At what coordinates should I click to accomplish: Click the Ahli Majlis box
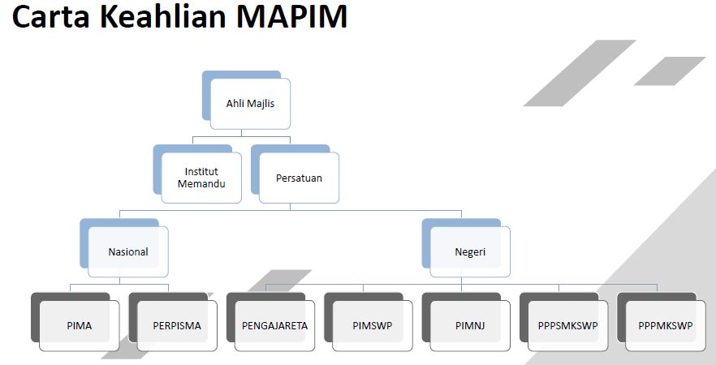250,103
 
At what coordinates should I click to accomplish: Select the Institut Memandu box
201,178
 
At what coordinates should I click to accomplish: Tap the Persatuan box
299,178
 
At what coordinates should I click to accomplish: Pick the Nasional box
128,251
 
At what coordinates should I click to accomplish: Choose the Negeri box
470,251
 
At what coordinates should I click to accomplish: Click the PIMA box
80,325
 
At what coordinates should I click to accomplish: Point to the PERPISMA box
177,325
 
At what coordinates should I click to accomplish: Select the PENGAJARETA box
274,325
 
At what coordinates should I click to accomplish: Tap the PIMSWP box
373,325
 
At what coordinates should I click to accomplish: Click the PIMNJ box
470,325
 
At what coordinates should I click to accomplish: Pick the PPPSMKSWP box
567,325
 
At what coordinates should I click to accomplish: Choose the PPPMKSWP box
666,325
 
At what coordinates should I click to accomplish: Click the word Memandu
201,184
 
